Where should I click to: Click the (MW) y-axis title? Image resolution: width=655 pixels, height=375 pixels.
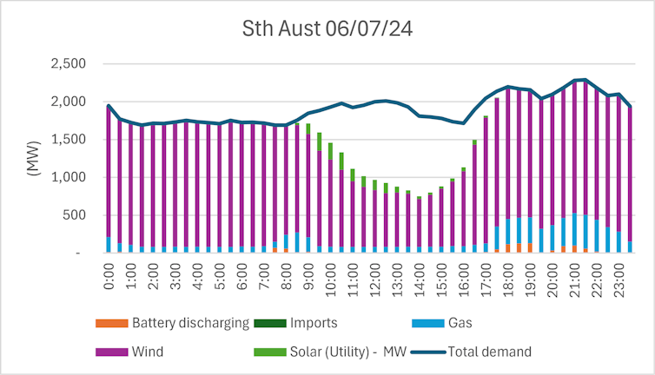(36, 158)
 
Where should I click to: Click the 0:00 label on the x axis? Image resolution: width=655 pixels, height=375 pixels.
(109, 275)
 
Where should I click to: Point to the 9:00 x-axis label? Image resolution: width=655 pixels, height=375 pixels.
(308, 275)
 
